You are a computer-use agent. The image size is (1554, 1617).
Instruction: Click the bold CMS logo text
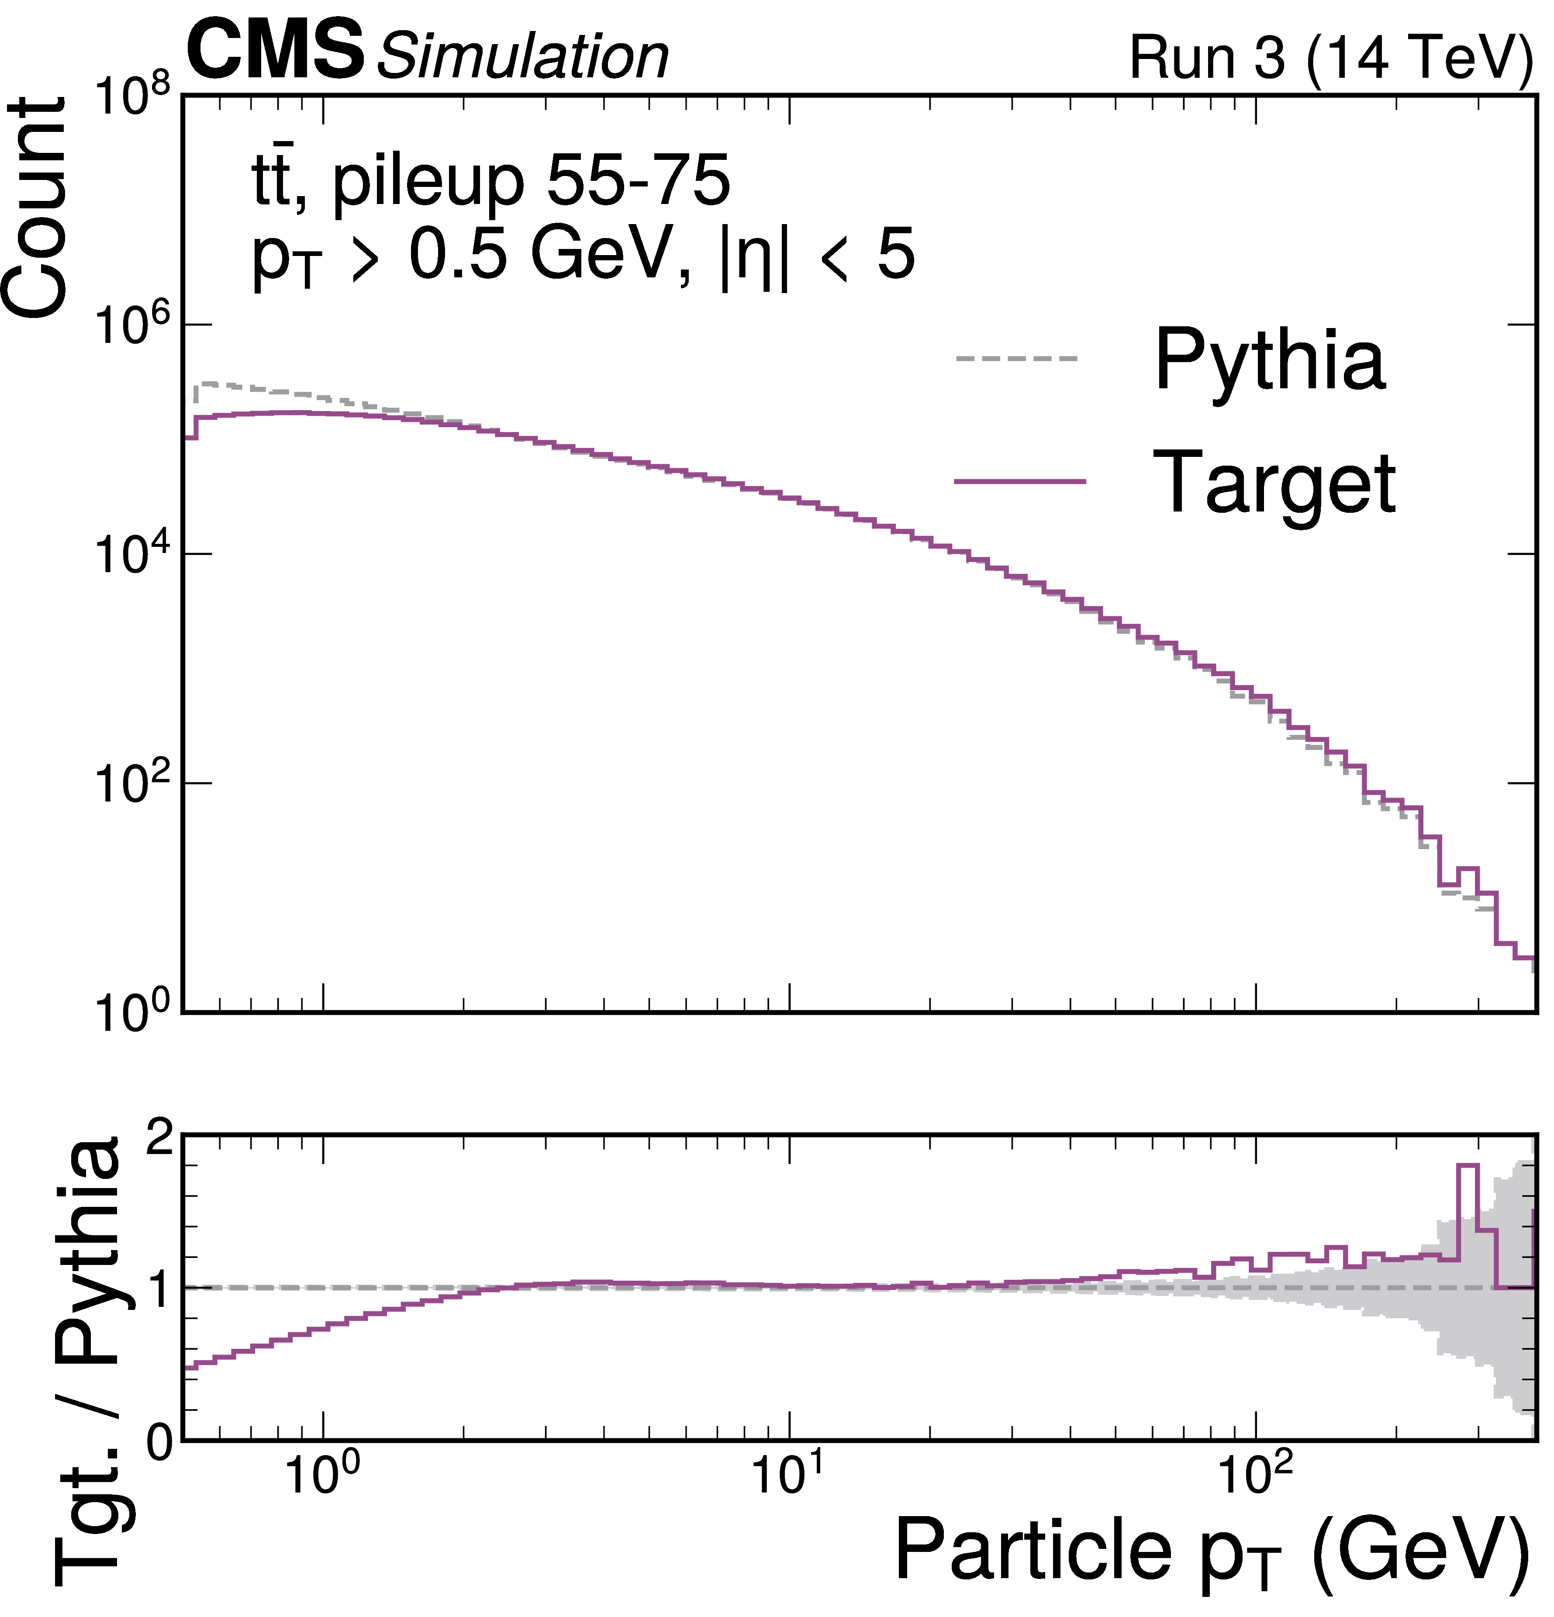275,51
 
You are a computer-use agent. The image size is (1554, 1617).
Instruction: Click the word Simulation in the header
522,58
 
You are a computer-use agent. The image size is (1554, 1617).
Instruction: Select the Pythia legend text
1269,360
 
